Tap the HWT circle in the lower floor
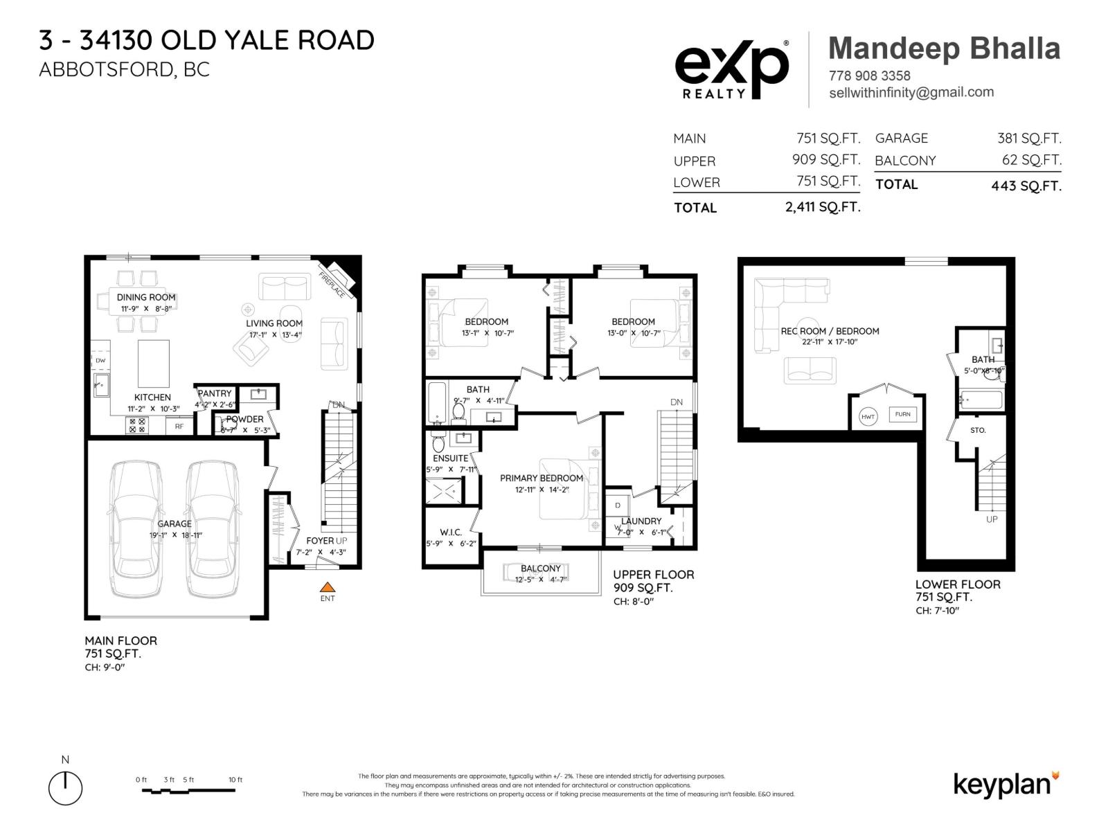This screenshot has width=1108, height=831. tap(868, 416)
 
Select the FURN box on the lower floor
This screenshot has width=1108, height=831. tap(902, 414)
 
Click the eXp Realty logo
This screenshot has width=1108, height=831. tap(731, 69)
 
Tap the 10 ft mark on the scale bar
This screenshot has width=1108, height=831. tap(235, 780)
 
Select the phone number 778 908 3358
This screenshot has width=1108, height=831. tap(869, 75)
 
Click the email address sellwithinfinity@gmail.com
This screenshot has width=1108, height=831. tap(911, 92)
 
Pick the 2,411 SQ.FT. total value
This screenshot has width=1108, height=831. tap(823, 207)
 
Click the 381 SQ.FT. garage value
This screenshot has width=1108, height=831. tap(1028, 138)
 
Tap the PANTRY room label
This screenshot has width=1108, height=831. tap(215, 393)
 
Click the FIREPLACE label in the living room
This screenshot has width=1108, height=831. tap(332, 285)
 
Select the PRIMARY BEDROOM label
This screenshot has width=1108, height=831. tap(542, 478)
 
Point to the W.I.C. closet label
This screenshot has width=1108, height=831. tap(451, 532)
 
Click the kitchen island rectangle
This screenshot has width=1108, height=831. tap(154, 363)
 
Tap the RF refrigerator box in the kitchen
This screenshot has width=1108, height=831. tap(179, 427)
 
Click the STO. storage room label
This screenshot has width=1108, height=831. tap(978, 430)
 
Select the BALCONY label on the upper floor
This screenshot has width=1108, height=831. tap(541, 568)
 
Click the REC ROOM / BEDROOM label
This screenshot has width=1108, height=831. tap(830, 331)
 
